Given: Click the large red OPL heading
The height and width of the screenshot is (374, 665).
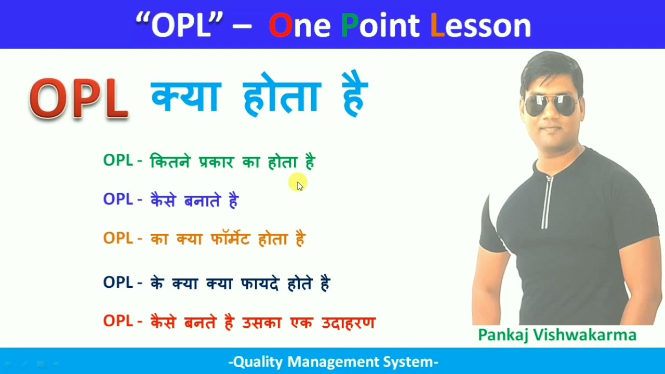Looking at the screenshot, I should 79,99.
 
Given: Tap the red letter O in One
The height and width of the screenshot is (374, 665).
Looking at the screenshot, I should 281,25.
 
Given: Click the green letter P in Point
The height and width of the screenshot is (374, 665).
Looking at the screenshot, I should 350,25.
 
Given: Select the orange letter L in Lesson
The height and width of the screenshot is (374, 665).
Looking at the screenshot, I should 437,25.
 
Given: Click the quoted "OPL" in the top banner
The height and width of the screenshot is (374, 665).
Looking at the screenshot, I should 179,25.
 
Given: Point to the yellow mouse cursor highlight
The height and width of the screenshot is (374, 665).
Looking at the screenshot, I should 298,183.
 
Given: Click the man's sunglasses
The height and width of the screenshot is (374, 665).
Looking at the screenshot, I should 552,105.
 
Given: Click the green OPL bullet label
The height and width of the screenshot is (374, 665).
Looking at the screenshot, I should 118,161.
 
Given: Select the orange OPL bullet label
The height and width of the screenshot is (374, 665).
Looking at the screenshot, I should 118,238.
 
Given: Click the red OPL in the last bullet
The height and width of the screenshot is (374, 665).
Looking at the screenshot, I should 118,322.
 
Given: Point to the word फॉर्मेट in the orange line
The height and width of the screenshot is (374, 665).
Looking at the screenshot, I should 231,238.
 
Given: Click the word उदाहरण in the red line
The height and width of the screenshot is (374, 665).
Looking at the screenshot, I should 348,322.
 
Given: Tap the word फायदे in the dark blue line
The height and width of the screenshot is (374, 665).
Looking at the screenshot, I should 260,284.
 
